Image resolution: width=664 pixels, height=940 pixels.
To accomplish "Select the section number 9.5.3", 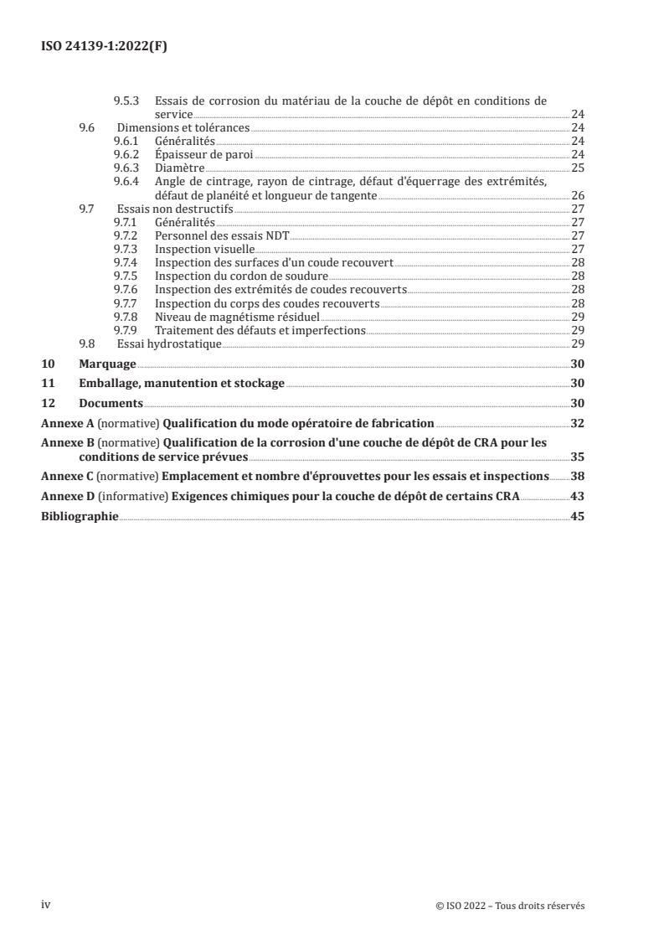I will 126,101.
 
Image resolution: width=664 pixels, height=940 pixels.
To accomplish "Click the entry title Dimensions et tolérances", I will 183,127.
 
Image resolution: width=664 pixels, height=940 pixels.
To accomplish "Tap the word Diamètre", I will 180,168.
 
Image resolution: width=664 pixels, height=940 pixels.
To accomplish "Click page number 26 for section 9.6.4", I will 577,195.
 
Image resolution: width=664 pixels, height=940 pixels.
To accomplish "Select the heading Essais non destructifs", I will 176,209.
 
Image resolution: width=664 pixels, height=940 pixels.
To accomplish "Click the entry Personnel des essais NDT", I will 222,236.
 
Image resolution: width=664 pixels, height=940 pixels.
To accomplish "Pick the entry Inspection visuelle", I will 205,250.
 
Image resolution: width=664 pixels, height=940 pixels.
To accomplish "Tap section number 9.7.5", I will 126,276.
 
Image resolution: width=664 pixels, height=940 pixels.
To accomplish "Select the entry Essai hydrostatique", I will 168,343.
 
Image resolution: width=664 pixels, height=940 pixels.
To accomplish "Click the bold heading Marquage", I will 107,364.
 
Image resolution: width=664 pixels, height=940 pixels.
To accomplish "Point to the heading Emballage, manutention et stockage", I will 181,383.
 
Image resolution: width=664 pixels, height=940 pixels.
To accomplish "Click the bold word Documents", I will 111,403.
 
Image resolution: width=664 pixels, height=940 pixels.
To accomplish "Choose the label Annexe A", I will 68,423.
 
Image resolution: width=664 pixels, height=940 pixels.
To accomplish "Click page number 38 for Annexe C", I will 577,476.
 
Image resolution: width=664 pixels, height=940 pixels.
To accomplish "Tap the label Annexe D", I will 68,496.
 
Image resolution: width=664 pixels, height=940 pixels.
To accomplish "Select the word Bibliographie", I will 80,516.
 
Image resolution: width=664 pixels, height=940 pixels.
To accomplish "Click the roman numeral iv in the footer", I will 47,904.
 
